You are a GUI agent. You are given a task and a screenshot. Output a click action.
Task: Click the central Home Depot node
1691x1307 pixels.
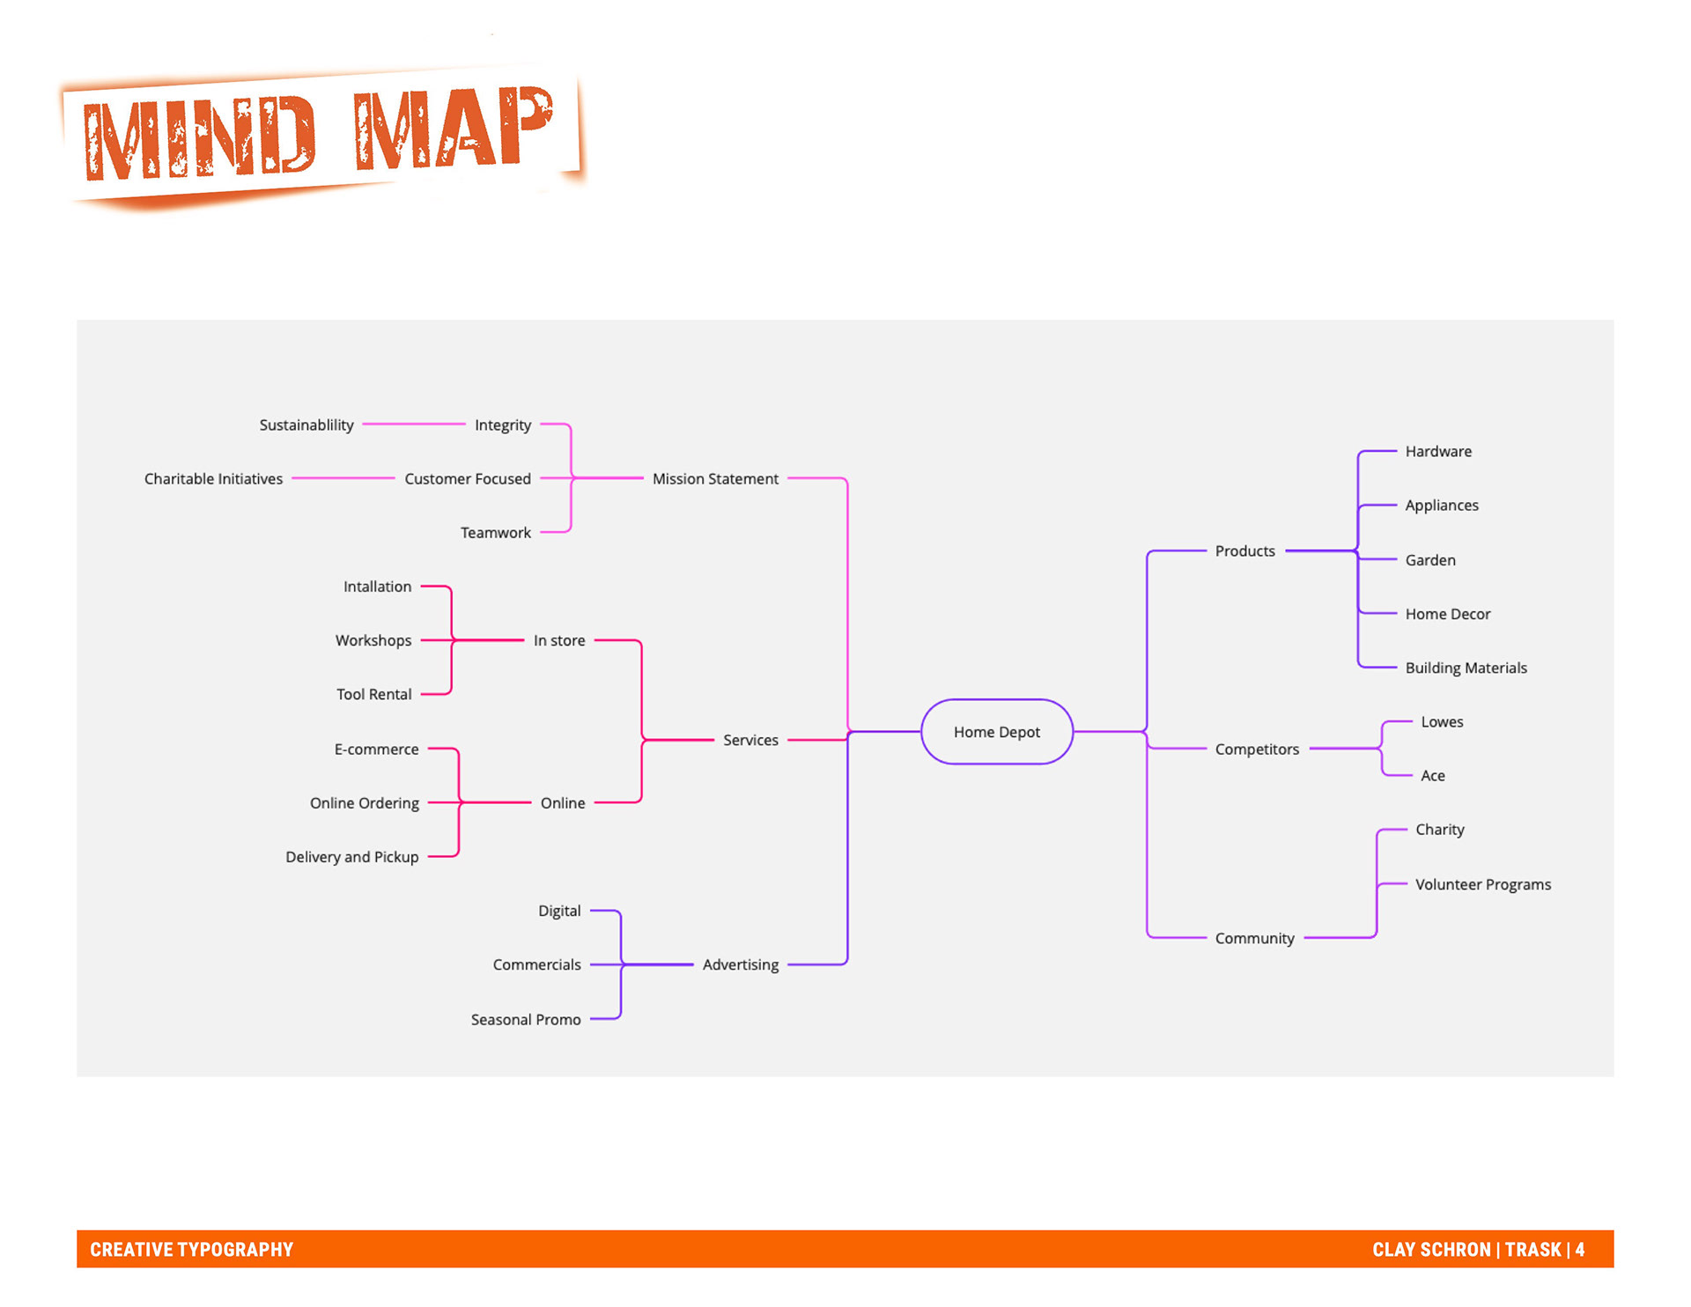tap(996, 732)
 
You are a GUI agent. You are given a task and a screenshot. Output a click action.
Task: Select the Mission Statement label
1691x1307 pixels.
tap(715, 479)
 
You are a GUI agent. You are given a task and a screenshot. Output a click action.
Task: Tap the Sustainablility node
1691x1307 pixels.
tap(306, 425)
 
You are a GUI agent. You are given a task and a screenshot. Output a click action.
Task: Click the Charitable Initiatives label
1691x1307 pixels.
tap(213, 479)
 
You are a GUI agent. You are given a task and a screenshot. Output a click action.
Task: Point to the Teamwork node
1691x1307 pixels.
tap(495, 533)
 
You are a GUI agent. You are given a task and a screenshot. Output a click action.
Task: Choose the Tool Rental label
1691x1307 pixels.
tap(373, 695)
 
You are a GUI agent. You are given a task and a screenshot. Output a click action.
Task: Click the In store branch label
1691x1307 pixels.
tap(559, 641)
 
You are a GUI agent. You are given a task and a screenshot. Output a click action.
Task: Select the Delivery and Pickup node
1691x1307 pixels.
tap(351, 857)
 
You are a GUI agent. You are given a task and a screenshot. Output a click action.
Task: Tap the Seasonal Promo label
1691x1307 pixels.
tap(526, 1020)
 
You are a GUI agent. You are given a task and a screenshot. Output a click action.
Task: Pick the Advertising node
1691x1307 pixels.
tap(740, 965)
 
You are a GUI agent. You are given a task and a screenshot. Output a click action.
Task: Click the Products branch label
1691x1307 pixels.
tap(1244, 551)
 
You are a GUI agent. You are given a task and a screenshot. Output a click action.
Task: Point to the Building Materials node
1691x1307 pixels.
tap(1466, 668)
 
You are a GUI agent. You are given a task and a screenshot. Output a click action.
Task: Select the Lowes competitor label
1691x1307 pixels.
tap(1442, 722)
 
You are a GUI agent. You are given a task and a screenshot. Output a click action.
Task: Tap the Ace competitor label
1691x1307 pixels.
tap(1432, 776)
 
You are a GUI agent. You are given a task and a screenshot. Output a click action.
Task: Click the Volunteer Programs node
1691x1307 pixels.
tap(1482, 885)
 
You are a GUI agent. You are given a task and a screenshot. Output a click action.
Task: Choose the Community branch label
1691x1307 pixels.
tap(1254, 939)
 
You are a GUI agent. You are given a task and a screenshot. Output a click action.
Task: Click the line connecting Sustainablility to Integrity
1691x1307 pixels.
tap(414, 425)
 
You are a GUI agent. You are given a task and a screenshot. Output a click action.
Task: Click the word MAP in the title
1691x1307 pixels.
tap(454, 129)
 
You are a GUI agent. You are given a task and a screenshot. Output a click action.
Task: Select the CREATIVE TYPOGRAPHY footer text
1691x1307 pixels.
tap(191, 1250)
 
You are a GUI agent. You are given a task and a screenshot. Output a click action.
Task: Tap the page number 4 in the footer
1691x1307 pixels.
tap(1580, 1250)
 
